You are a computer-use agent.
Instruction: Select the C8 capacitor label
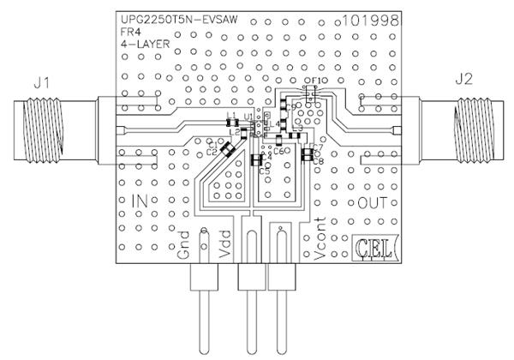click(x=318, y=160)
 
